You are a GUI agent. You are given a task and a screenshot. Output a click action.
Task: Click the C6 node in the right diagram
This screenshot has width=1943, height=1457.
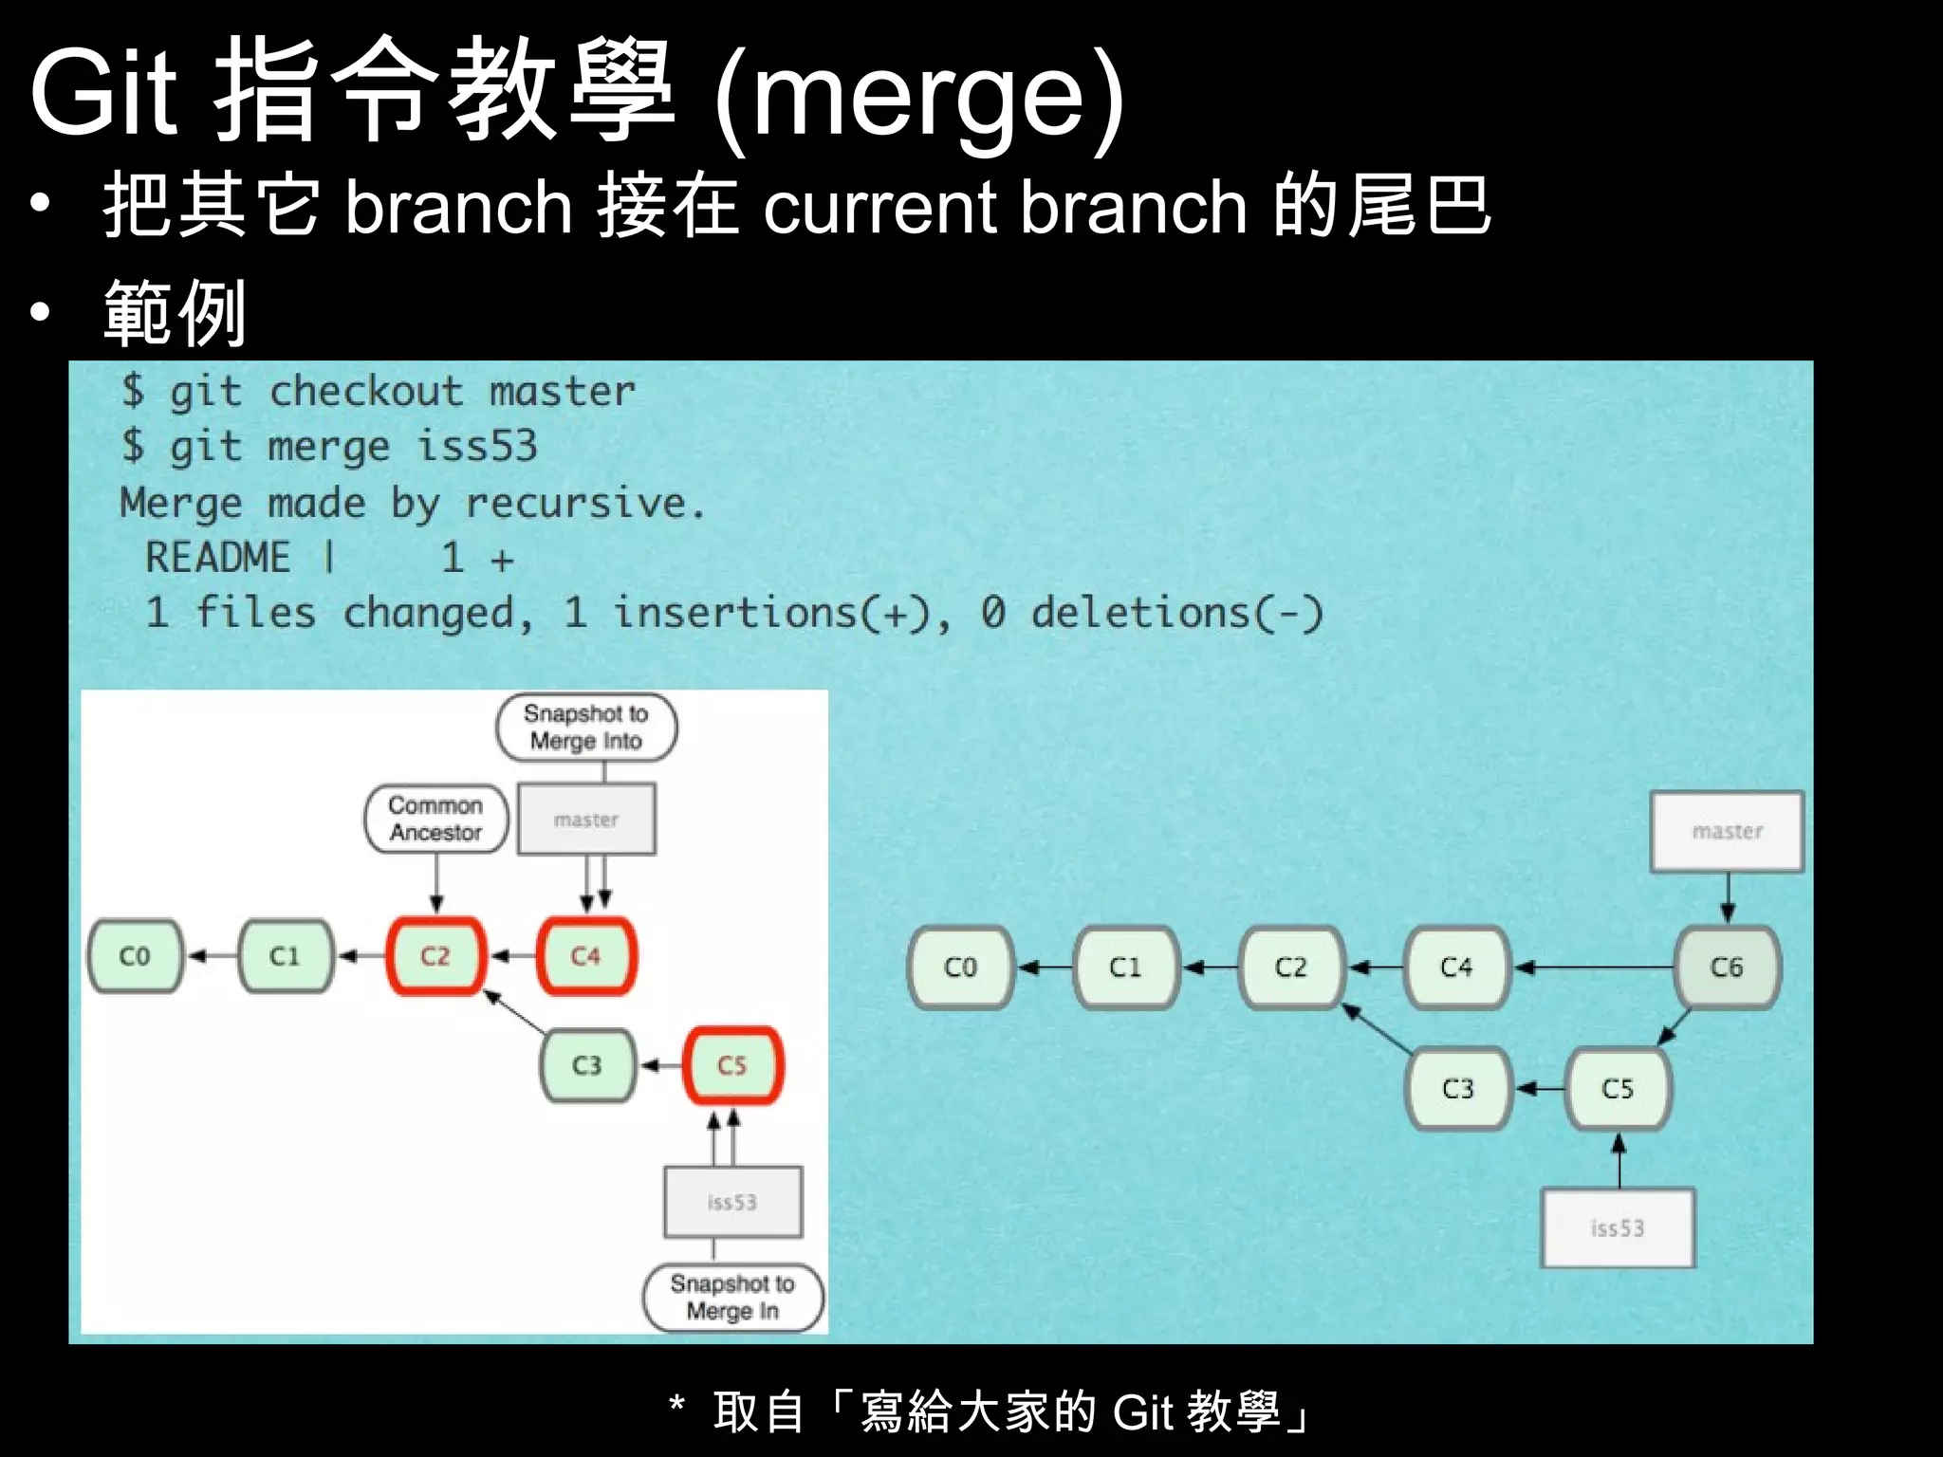[1727, 968]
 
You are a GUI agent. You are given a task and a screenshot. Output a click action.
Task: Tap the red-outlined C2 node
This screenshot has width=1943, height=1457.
[435, 956]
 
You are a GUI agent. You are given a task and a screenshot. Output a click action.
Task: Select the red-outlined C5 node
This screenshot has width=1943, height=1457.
[732, 1065]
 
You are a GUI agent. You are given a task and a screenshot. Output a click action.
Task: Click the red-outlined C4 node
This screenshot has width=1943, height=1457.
[586, 956]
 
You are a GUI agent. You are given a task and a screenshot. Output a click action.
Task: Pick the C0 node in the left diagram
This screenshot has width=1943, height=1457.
[135, 956]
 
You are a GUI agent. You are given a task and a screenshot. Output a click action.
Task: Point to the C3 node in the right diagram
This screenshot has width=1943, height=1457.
[1458, 1088]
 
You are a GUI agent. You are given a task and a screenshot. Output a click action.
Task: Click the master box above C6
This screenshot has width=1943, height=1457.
[1727, 832]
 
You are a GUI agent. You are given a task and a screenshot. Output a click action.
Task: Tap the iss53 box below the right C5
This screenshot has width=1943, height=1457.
[1618, 1228]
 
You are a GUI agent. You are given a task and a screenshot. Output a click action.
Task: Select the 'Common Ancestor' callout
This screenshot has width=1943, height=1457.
[436, 819]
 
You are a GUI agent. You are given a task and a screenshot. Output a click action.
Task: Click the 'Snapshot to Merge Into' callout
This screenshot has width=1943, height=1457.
[586, 728]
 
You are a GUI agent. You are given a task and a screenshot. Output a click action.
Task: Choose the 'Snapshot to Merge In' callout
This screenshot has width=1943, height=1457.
[732, 1298]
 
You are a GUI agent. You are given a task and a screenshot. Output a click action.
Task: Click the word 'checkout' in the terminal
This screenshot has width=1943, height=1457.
[366, 392]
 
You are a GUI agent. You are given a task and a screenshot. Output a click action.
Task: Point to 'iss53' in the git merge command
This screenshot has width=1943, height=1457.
[477, 447]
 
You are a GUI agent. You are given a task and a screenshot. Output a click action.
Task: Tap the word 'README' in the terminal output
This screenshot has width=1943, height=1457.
[218, 558]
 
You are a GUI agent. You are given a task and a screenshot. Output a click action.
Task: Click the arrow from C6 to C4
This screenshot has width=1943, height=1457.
[1594, 968]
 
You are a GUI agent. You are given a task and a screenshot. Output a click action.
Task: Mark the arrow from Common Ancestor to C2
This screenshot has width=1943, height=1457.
[436, 882]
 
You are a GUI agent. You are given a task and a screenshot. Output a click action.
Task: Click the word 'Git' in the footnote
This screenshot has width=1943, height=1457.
[1143, 1412]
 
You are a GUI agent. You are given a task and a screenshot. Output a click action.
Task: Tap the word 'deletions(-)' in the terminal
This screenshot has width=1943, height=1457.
[1176, 613]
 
